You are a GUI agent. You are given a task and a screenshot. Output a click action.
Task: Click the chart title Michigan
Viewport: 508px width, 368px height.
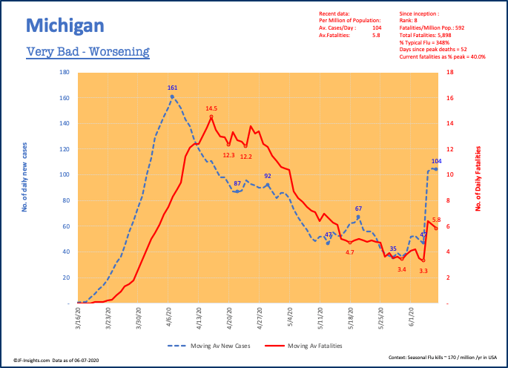pyautogui.click(x=65, y=27)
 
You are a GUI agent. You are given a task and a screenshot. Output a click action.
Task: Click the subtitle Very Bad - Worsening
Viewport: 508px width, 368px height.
pyautogui.click(x=88, y=52)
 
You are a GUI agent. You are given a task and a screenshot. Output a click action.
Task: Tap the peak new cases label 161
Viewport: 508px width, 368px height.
pyautogui.click(x=172, y=88)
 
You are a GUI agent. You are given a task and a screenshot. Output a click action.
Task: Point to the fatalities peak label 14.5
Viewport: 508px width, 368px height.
pyautogui.click(x=211, y=108)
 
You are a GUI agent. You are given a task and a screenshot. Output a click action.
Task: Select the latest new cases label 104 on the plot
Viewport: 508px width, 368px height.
pyautogui.click(x=436, y=161)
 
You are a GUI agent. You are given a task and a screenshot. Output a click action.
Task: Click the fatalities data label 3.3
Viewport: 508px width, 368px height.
pyautogui.click(x=423, y=272)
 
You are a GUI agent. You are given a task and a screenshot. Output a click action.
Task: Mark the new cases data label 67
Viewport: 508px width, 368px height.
pyautogui.click(x=358, y=208)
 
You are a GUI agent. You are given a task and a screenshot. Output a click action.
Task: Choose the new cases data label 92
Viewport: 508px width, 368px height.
pyautogui.click(x=268, y=176)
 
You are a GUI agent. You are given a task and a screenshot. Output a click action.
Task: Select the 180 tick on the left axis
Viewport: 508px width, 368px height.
pyautogui.click(x=64, y=73)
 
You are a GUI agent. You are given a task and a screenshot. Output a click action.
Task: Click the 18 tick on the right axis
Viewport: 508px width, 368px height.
pyautogui.click(x=450, y=73)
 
